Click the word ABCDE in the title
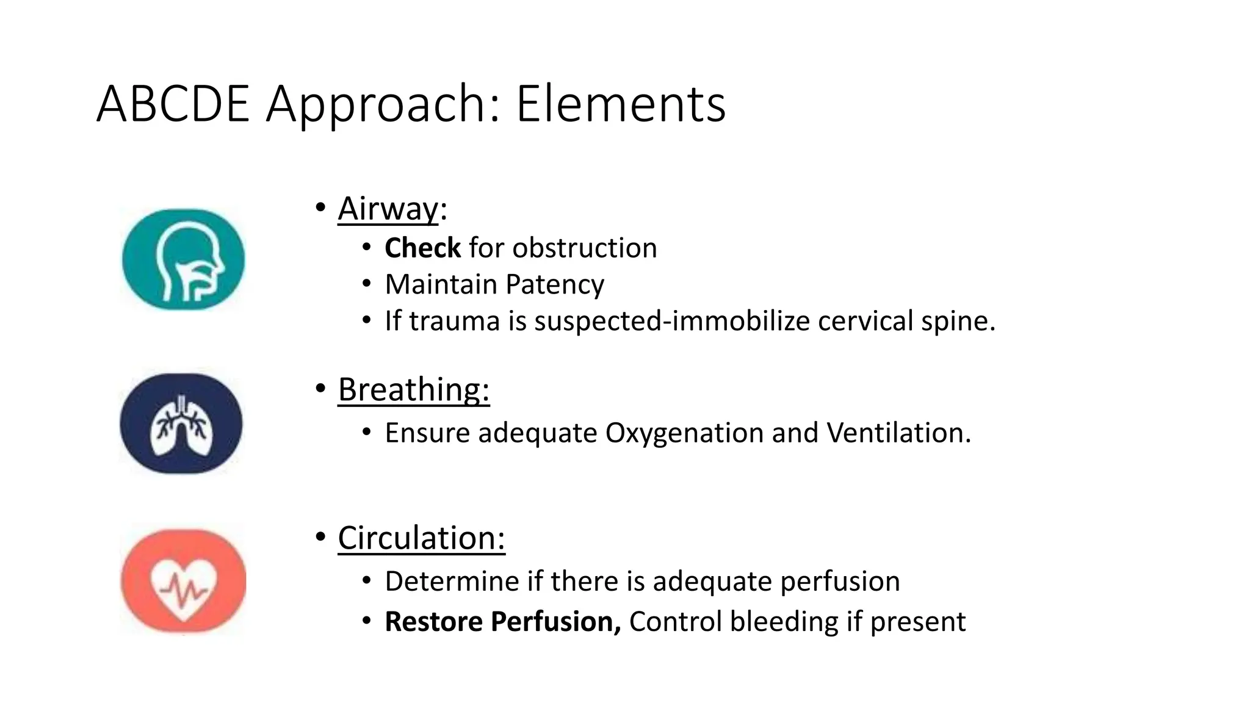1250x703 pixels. (173, 104)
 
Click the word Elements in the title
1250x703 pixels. (621, 104)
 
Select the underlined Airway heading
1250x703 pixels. (388, 209)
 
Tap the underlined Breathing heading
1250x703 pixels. (413, 389)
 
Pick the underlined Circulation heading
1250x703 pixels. (421, 538)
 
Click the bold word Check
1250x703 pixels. (422, 248)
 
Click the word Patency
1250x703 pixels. (554, 285)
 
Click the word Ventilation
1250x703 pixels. (898, 433)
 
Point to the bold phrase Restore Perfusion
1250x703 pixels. (502, 622)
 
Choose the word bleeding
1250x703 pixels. (784, 622)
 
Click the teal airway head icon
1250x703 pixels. (183, 259)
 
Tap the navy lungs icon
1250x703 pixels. (181, 424)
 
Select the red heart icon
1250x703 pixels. (183, 581)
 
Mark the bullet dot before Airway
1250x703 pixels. (320, 208)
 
